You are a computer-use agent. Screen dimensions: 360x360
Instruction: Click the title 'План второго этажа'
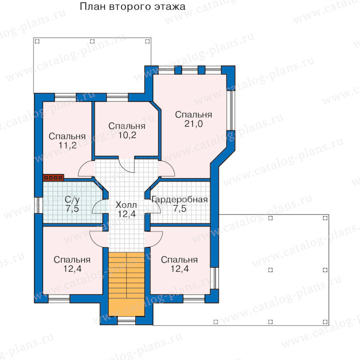132,7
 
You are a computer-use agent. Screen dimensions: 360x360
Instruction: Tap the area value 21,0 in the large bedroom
194,124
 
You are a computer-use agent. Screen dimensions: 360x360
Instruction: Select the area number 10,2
127,135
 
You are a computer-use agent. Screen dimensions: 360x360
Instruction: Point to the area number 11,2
68,146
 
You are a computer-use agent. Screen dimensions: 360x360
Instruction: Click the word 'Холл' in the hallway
126,205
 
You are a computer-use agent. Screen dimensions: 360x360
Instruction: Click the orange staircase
126,284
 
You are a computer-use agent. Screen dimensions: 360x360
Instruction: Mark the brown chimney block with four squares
53,178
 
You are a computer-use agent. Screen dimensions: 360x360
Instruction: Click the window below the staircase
126,320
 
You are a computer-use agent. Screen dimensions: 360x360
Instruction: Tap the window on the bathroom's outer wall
38,205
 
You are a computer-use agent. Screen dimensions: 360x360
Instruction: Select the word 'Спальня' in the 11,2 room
67,136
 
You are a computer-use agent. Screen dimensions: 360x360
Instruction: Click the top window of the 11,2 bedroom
65,97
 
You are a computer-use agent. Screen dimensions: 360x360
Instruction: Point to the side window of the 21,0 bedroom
230,110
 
